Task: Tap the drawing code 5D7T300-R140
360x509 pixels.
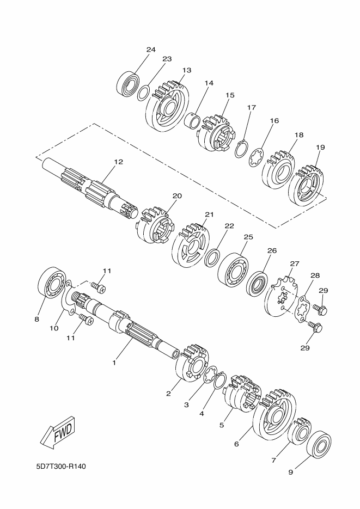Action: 61,467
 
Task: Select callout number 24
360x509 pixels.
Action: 151,50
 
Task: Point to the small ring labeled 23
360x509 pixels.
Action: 143,93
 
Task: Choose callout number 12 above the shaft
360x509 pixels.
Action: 119,161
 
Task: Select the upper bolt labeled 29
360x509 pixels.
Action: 320,308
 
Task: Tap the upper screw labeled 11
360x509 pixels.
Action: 98,287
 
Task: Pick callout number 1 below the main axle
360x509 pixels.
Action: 114,363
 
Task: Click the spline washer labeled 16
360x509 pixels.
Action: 256,158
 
